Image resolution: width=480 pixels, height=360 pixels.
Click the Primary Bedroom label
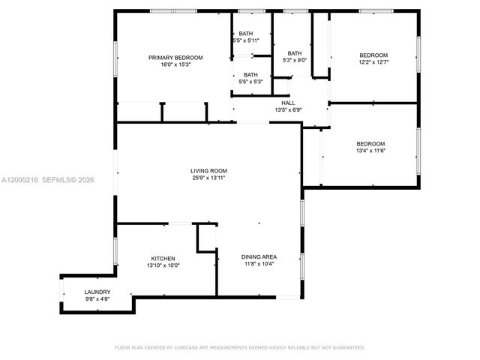(x=175, y=58)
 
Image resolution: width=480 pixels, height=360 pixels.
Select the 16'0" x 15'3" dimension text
(x=175, y=65)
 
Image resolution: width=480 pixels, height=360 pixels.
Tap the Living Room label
(x=208, y=171)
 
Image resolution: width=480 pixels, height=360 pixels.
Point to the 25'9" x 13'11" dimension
(x=208, y=178)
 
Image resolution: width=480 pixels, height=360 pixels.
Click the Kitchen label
(x=163, y=258)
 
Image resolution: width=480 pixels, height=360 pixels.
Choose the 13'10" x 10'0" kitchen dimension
(x=163, y=265)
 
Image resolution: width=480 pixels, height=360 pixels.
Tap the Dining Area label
(x=258, y=256)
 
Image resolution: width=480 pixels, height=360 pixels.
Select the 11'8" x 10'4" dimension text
(x=258, y=264)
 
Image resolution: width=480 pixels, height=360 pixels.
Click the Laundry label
(x=97, y=292)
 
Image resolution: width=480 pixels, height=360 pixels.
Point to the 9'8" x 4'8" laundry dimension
(x=97, y=298)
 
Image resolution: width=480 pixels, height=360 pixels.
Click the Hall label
(x=288, y=103)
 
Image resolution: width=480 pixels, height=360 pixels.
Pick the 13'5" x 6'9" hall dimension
(x=288, y=110)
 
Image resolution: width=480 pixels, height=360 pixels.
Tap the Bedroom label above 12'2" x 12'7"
(x=373, y=55)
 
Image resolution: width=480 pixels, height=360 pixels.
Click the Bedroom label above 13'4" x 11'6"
(x=370, y=143)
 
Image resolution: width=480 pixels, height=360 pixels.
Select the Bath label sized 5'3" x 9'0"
(x=295, y=53)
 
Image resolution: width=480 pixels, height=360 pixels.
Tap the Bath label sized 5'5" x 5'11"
(x=247, y=34)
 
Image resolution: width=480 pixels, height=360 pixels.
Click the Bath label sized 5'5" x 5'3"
(x=250, y=74)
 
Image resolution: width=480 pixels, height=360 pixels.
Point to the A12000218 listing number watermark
(x=20, y=180)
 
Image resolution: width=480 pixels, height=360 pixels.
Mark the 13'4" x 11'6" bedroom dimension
(x=370, y=151)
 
